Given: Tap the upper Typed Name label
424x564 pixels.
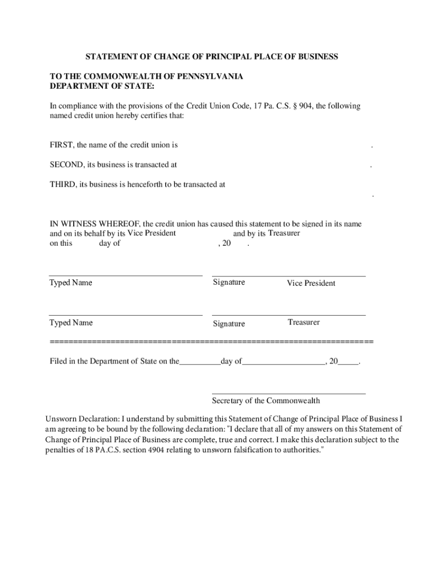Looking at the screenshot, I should click(71, 283).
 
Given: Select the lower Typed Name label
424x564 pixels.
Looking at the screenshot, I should click(71, 323).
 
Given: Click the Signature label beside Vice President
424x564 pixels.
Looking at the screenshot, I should click(229, 283).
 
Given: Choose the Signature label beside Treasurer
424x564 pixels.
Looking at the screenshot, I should click(229, 324).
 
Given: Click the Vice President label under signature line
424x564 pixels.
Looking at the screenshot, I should click(311, 283).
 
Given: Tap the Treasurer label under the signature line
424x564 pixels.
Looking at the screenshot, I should click(303, 322).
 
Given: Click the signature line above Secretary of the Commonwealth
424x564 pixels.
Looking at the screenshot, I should click(289, 394).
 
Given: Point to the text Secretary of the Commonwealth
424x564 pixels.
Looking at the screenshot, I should click(265, 401).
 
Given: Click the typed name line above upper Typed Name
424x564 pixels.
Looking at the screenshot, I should click(126, 275).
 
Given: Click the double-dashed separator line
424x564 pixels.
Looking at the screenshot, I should click(211, 343).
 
